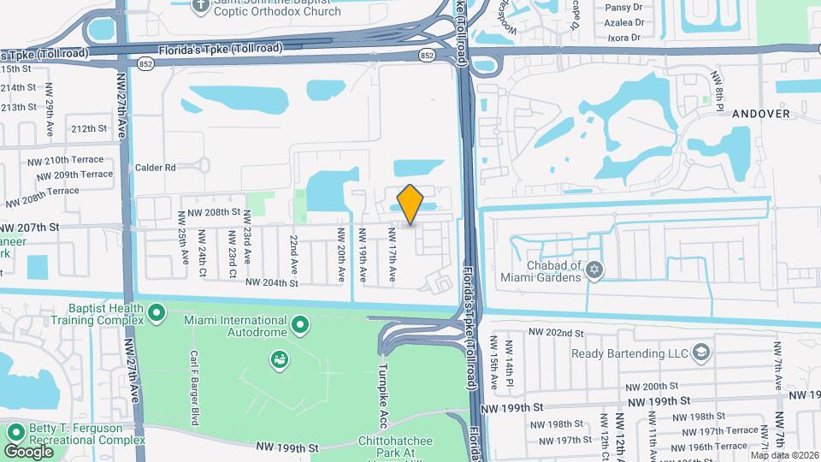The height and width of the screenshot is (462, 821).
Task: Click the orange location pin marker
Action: tap(410, 204)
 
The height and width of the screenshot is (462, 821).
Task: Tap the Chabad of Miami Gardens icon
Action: tap(595, 270)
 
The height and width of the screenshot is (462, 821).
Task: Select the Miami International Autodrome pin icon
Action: tap(300, 324)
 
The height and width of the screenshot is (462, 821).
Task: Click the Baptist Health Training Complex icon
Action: tap(156, 315)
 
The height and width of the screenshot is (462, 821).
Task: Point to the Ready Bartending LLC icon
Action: tap(701, 352)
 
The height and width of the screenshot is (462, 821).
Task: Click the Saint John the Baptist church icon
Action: tap(201, 6)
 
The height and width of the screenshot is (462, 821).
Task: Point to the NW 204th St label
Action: tap(271, 282)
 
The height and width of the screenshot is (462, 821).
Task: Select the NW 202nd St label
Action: tap(555, 332)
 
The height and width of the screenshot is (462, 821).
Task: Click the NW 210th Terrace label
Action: tap(74, 160)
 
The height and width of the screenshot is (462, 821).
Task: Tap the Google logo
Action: tap(28, 451)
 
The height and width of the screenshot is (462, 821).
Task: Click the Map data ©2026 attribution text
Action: tap(784, 455)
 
